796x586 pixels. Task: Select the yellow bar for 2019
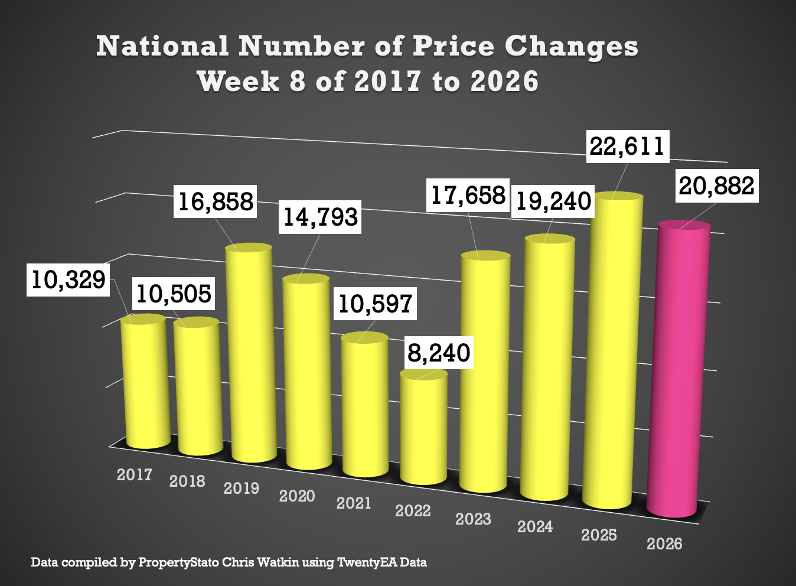(252, 354)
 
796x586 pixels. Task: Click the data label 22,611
(628, 146)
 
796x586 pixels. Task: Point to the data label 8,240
(439, 353)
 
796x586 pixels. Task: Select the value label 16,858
(216, 201)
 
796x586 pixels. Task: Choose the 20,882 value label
(716, 186)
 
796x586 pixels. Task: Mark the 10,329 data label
(68, 279)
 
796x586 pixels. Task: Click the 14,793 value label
(320, 217)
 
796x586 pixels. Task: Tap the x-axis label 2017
(134, 474)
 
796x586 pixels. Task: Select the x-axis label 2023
(473, 519)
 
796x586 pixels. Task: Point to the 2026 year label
(664, 543)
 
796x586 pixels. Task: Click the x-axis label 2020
(296, 496)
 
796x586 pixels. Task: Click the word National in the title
(162, 46)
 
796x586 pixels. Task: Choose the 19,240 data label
(553, 201)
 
